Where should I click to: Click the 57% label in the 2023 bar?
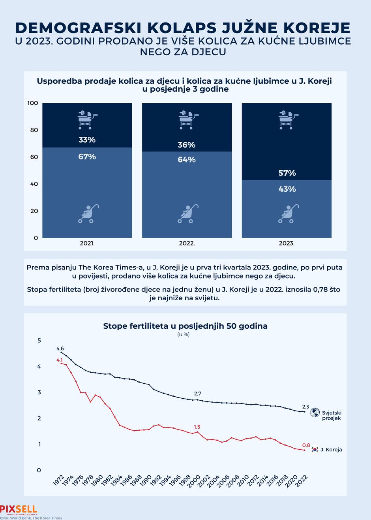(287, 173)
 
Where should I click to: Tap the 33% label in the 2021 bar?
(87, 140)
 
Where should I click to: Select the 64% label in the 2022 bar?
(187, 160)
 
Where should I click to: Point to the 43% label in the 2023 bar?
(287, 189)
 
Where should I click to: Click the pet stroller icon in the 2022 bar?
(187, 119)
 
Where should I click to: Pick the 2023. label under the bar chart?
(287, 243)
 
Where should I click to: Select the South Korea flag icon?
(315, 450)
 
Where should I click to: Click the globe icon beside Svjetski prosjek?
(315, 413)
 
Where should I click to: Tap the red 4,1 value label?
(60, 360)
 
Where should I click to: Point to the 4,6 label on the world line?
(60, 349)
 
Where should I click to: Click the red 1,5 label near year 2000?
(197, 427)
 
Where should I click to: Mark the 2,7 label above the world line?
(198, 394)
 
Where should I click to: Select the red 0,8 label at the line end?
(306, 445)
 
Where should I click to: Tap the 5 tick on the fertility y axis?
(39, 340)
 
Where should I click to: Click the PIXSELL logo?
(19, 510)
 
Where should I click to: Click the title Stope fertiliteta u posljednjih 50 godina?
(185, 326)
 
